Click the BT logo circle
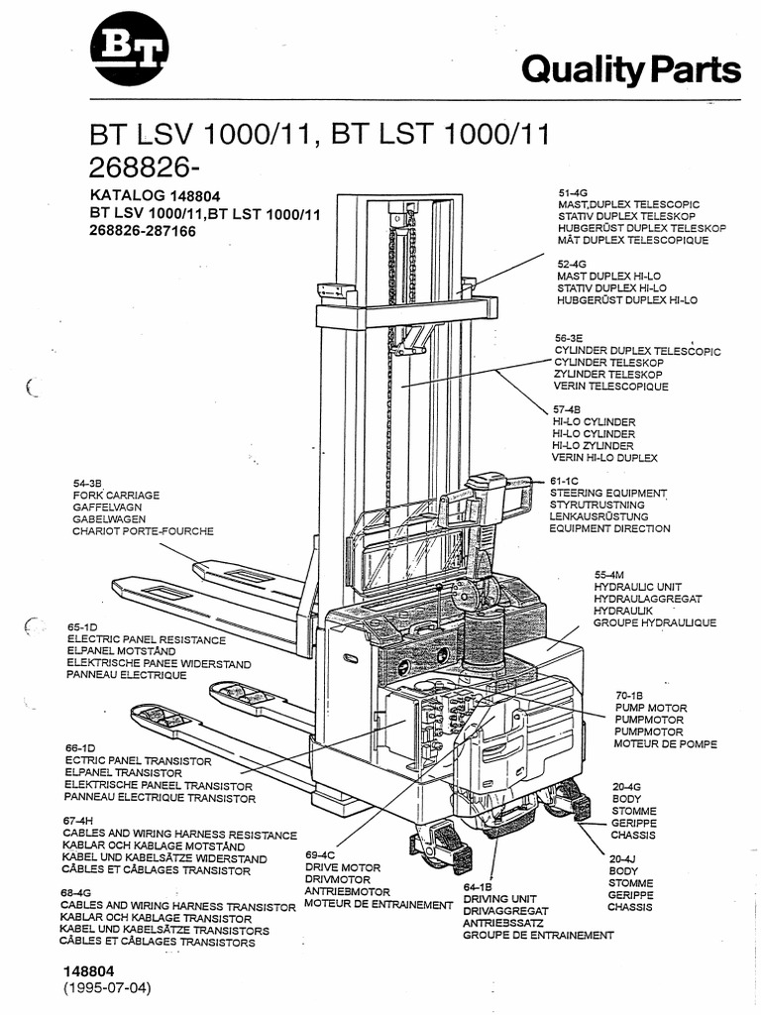[x=130, y=50]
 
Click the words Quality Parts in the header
[x=630, y=69]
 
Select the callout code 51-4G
[x=574, y=191]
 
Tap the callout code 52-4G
[x=573, y=265]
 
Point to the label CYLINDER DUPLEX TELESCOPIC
[x=637, y=351]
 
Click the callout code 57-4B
[x=569, y=408]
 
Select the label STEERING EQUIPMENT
[x=608, y=493]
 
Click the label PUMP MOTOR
[x=648, y=708]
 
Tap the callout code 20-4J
[x=621, y=858]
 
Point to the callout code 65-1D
[x=82, y=627]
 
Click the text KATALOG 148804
[x=155, y=195]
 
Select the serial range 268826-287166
[x=143, y=231]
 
